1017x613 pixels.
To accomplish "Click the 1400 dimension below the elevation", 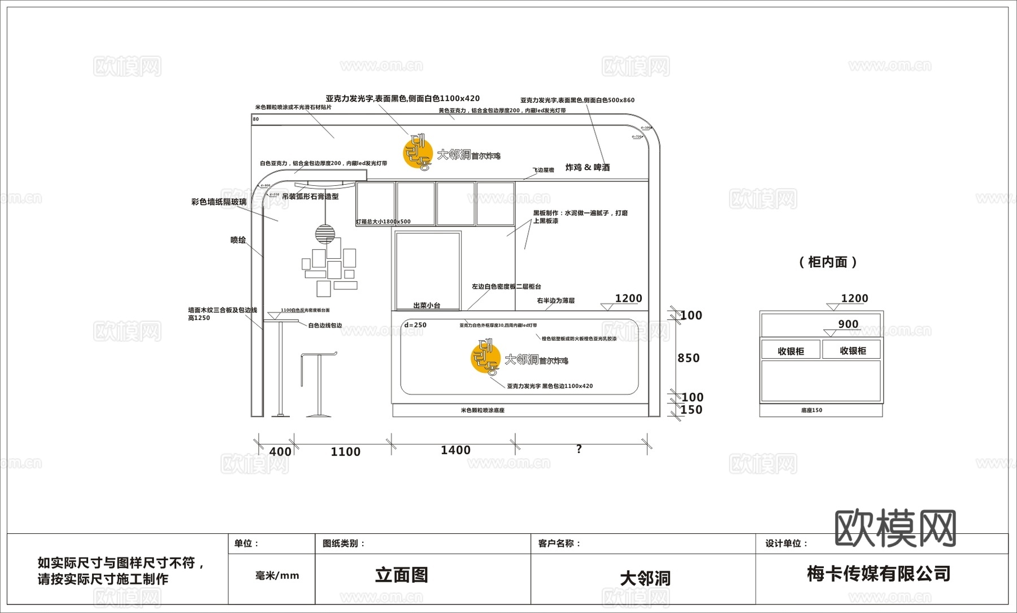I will coord(455,450).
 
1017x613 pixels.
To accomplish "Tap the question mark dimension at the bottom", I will coord(579,449).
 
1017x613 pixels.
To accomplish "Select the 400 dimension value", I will coord(280,451).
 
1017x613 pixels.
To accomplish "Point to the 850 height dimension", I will coord(688,358).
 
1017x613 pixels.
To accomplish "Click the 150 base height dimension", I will coord(691,410).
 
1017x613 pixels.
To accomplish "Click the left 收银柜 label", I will coord(790,351).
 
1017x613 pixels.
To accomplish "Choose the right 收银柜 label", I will coord(853,350).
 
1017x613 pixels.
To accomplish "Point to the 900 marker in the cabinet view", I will coord(848,324).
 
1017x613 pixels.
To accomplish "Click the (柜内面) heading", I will coord(828,262).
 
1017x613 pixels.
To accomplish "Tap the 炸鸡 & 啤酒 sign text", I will coord(588,167).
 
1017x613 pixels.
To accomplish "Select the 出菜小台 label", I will coord(427,305).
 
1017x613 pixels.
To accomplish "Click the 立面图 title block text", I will coord(402,575).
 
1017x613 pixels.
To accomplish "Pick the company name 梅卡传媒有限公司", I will coord(879,573).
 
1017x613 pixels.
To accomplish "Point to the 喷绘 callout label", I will coord(238,240).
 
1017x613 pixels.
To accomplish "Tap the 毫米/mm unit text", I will coord(277,576).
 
